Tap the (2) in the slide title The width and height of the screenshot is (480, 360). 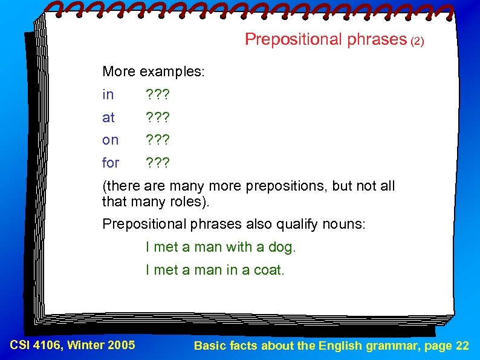click(x=418, y=42)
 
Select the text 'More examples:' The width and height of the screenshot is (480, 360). click(x=154, y=72)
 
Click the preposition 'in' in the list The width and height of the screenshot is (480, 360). click(x=108, y=95)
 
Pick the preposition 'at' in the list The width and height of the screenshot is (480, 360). click(x=109, y=117)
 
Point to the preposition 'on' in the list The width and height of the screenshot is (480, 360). click(x=111, y=140)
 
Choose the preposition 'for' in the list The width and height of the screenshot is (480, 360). click(x=111, y=163)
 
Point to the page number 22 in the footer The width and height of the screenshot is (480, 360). click(x=462, y=346)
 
